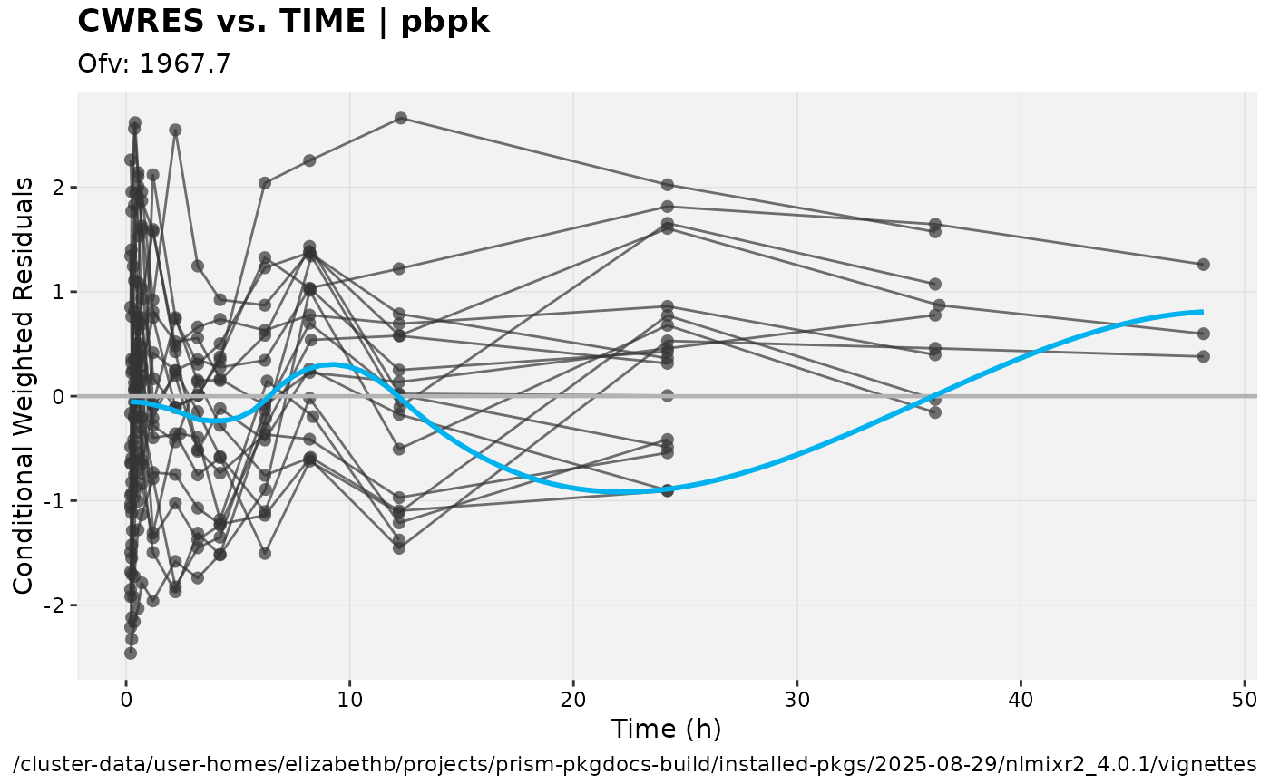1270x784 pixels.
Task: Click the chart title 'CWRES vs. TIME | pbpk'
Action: (284, 22)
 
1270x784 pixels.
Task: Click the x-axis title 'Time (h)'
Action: (666, 729)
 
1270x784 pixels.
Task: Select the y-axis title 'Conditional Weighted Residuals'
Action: (24, 386)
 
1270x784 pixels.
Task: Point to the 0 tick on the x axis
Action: (126, 700)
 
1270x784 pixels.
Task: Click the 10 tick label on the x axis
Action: (349, 700)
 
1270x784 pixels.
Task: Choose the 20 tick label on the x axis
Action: (573, 700)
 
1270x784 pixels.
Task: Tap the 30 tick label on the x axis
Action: (796, 700)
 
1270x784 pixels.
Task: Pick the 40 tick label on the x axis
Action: (1021, 700)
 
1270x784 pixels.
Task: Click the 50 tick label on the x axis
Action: (1244, 700)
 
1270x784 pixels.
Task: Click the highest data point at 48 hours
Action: (1204, 265)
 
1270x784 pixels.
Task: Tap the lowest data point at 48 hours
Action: (1204, 356)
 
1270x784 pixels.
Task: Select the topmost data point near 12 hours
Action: (400, 118)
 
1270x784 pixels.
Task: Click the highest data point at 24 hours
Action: (668, 185)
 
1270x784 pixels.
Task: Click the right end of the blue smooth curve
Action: (1203, 312)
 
